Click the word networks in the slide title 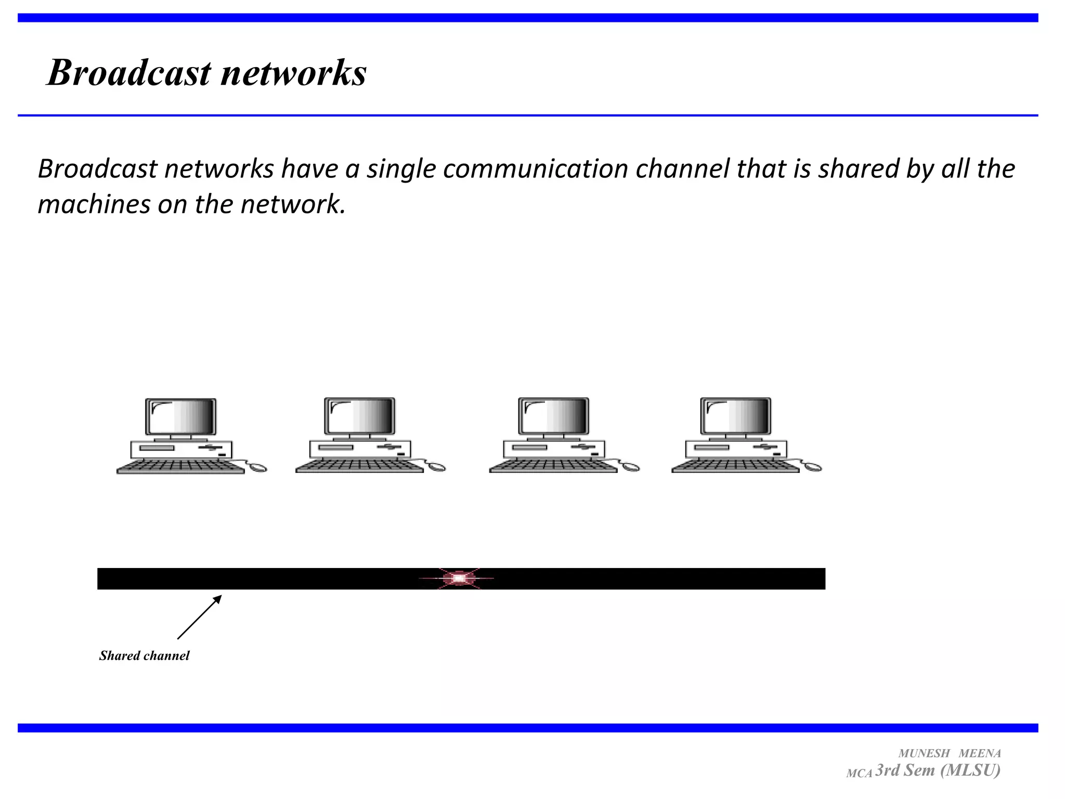[x=294, y=72]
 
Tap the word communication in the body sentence [x=535, y=169]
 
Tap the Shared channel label [x=144, y=655]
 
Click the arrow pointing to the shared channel [x=200, y=617]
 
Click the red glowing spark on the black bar [x=459, y=578]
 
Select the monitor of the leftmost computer [x=180, y=417]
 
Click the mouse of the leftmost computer [x=258, y=468]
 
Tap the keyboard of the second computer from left [x=359, y=466]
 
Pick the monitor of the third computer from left [x=554, y=416]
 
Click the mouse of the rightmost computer [x=813, y=467]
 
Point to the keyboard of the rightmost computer [x=735, y=466]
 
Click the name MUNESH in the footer [x=924, y=753]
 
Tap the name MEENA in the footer [x=980, y=753]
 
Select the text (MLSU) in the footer [x=970, y=770]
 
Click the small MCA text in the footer [x=859, y=774]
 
